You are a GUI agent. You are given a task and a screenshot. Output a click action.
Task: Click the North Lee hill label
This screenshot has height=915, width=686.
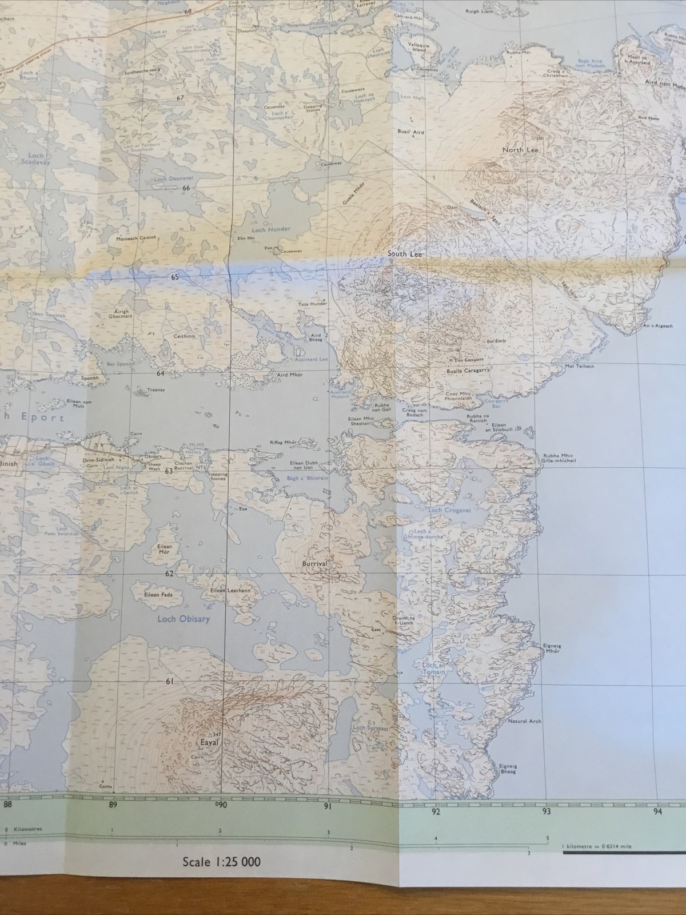tap(521, 150)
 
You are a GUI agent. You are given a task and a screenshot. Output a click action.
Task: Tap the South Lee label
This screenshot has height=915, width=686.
tap(404, 254)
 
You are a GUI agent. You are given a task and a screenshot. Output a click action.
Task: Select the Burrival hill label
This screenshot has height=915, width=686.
tap(315, 563)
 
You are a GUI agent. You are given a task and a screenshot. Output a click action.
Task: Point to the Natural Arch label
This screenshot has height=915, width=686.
tap(525, 722)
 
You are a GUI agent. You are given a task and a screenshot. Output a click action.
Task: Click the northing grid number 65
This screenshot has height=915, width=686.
tap(174, 277)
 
